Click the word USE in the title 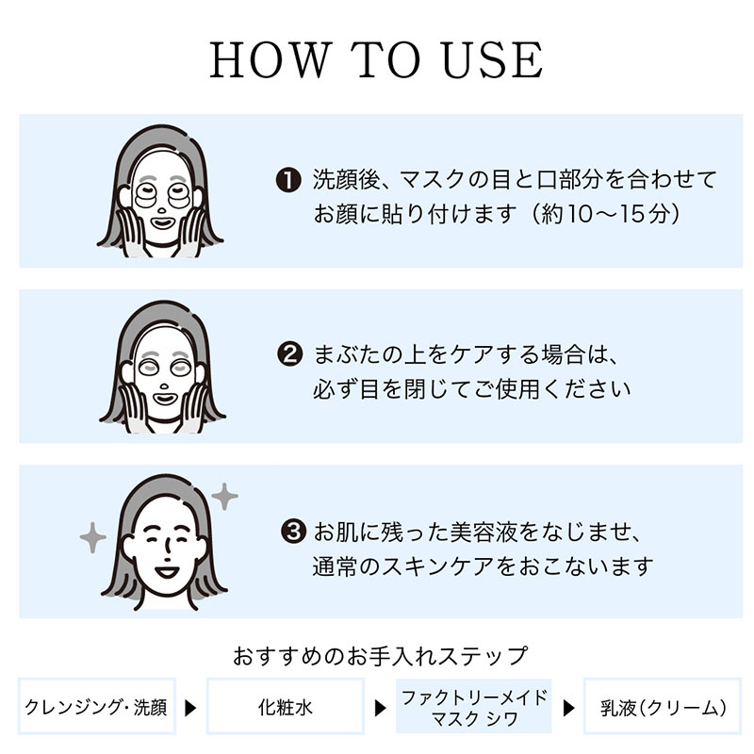(x=493, y=59)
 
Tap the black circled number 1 (x=288, y=180)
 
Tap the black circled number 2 (x=290, y=354)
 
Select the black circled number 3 (x=293, y=532)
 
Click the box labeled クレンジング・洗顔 (x=97, y=706)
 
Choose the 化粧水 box (x=286, y=706)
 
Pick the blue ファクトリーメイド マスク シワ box (x=474, y=706)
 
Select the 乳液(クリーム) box (x=663, y=706)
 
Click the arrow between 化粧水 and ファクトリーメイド (x=381, y=708)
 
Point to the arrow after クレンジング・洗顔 (x=191, y=708)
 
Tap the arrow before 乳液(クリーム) (x=569, y=708)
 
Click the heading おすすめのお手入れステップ (x=380, y=655)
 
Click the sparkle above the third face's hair (x=224, y=497)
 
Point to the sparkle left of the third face (x=92, y=537)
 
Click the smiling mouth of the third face (x=168, y=572)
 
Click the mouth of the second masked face (x=164, y=399)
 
